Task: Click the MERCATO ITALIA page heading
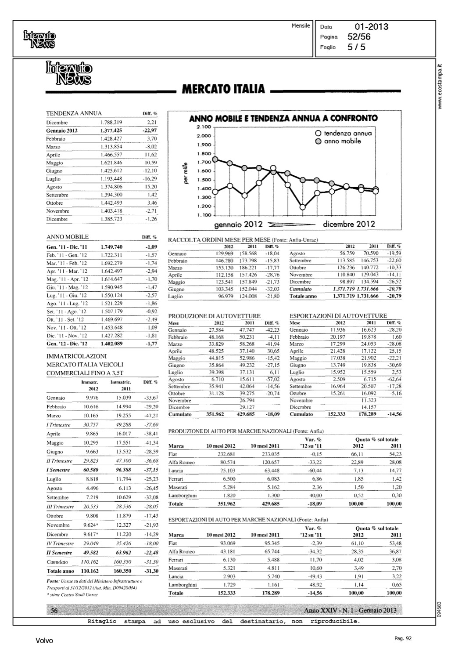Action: pyautogui.click(x=222, y=89)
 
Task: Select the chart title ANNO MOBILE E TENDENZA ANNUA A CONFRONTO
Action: pyautogui.click(x=283, y=118)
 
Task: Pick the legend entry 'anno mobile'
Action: pyautogui.click(x=342, y=141)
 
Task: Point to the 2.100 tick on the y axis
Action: pyautogui.click(x=204, y=127)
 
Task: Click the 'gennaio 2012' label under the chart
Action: pyautogui.click(x=238, y=224)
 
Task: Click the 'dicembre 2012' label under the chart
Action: pyautogui.click(x=349, y=224)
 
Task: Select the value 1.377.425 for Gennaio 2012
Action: pyautogui.click(x=111, y=130)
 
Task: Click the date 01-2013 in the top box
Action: pyautogui.click(x=372, y=27)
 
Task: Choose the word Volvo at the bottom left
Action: pyautogui.click(x=44, y=641)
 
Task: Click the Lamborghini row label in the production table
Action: pyautogui.click(x=183, y=496)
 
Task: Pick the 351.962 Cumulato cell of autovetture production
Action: pyautogui.click(x=215, y=414)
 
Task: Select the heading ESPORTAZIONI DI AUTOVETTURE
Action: pyautogui.click(x=338, y=315)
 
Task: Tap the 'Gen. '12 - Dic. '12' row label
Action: pyautogui.click(x=67, y=344)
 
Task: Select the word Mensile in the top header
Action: pyautogui.click(x=301, y=26)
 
